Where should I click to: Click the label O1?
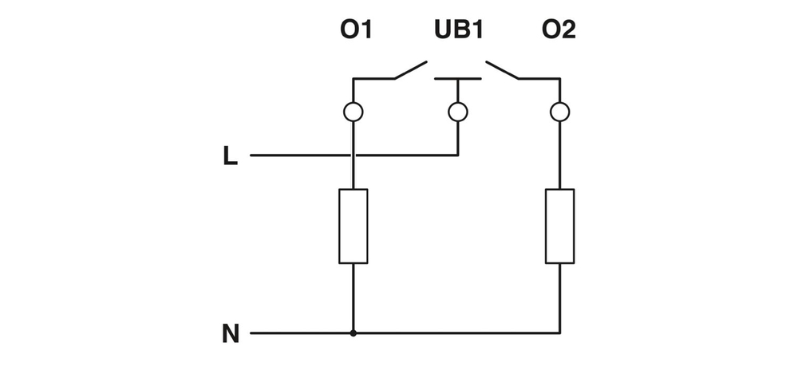pyautogui.click(x=356, y=30)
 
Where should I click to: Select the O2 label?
pyautogui.click(x=559, y=30)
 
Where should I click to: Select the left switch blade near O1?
pyautogui.click(x=411, y=70)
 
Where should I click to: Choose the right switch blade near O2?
pyautogui.click(x=502, y=70)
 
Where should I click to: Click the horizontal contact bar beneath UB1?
pyautogui.click(x=457, y=79)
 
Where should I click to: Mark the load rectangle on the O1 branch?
pyautogui.click(x=353, y=226)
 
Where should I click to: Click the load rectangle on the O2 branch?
pyautogui.click(x=560, y=226)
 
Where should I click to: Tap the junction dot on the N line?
pyautogui.click(x=353, y=332)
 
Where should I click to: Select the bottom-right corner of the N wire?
pyautogui.click(x=560, y=332)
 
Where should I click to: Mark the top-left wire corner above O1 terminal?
pyautogui.click(x=353, y=79)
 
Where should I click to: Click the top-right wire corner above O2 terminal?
pyautogui.click(x=560, y=79)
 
